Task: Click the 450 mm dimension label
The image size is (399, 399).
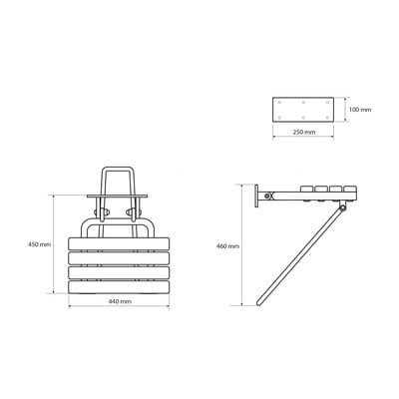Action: (39, 244)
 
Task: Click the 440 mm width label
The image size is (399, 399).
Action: (120, 301)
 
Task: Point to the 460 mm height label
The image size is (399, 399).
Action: (227, 246)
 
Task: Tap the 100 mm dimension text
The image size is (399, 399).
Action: (360, 110)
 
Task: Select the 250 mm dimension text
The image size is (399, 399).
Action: (304, 132)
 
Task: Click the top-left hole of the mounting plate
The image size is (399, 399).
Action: (279, 102)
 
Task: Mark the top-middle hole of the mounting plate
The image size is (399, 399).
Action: (303, 102)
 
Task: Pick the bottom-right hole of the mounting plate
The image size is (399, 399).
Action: (327, 117)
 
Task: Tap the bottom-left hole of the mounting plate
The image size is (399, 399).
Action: (279, 117)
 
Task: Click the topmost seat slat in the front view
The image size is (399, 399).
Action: (119, 243)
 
